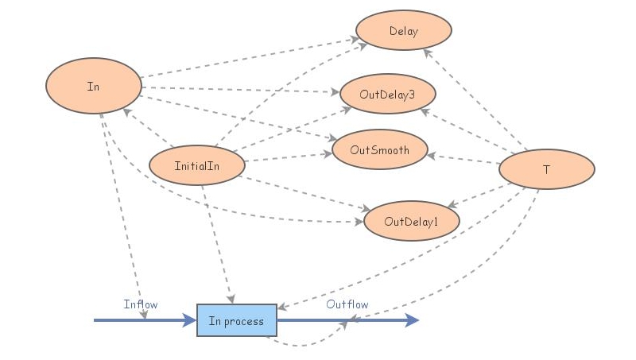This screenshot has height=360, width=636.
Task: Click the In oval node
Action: point(93,86)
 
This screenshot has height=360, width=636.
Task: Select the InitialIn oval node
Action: point(196,165)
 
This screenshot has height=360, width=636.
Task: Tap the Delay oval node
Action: point(404,32)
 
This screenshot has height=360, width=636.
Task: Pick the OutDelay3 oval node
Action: point(387,94)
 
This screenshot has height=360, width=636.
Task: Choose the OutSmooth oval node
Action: point(380,149)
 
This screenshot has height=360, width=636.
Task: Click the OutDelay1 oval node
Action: point(411,221)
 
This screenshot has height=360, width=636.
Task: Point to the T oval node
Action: point(546,169)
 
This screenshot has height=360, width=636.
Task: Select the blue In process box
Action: point(237,320)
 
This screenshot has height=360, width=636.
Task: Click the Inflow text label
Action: point(141,304)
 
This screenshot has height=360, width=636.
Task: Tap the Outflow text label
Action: point(347,304)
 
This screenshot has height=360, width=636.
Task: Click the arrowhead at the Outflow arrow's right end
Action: point(412,320)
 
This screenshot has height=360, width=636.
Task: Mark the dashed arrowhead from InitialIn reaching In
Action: point(127,112)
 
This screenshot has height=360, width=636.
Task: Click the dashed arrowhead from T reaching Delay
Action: point(427,53)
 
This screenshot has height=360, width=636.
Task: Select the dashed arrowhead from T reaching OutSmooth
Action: point(432,156)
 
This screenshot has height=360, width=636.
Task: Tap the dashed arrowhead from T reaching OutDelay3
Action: point(423,112)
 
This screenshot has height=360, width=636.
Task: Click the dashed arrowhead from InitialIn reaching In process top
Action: point(230,299)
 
